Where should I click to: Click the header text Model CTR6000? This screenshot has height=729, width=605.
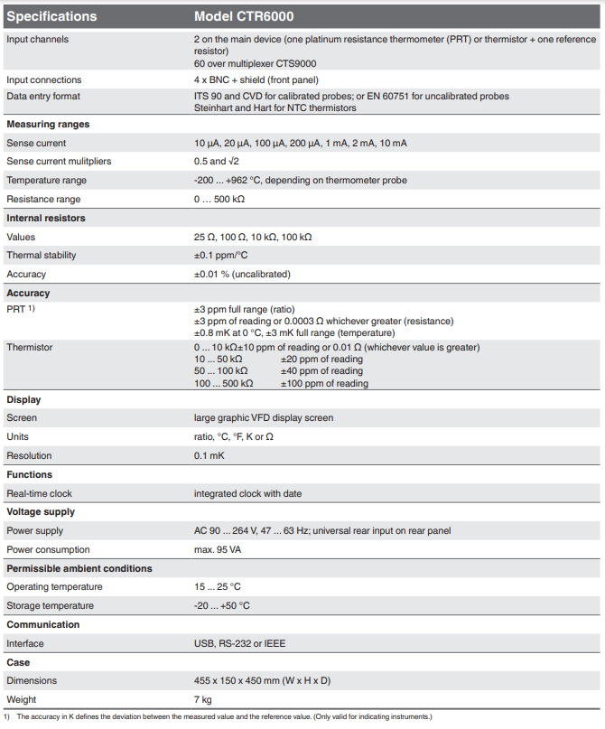click(x=244, y=16)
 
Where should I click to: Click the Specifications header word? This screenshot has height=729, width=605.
click(x=51, y=16)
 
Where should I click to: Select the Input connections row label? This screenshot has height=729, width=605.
click(x=44, y=79)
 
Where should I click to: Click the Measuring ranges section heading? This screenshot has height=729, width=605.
click(x=48, y=124)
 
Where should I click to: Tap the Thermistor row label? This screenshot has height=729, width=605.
click(x=30, y=347)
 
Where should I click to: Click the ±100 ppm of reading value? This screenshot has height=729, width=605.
click(x=324, y=383)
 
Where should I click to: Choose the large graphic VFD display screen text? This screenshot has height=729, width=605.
click(x=263, y=417)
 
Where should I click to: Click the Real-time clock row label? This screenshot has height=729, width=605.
click(x=40, y=493)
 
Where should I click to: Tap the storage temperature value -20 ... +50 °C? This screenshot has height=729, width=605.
click(x=222, y=605)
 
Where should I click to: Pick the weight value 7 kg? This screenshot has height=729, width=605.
click(x=203, y=699)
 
